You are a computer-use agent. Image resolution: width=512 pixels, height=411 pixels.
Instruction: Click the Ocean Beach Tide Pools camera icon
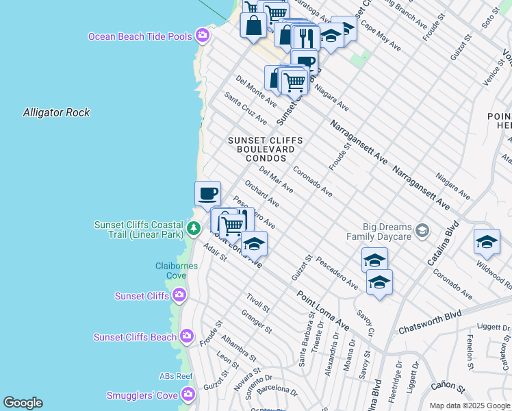[x=202, y=36]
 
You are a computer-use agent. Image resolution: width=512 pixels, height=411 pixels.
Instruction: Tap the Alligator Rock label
[x=56, y=112]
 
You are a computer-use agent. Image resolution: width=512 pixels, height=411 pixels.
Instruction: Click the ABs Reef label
[x=177, y=375]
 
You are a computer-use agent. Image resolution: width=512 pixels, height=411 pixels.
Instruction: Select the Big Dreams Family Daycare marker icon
[x=422, y=229]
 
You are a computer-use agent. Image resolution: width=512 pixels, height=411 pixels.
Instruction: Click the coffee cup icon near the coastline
[x=207, y=193]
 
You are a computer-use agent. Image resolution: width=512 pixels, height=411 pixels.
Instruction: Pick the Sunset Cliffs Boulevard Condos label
[x=265, y=149]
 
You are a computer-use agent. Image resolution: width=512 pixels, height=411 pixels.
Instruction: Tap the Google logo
[x=23, y=403]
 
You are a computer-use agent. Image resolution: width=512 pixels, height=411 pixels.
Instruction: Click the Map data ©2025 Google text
[x=469, y=406]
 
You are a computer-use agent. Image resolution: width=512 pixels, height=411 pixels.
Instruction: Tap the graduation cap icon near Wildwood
[x=487, y=242]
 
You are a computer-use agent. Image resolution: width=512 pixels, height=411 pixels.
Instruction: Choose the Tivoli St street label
[x=258, y=302]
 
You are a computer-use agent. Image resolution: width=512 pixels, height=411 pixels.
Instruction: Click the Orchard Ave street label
[x=261, y=195]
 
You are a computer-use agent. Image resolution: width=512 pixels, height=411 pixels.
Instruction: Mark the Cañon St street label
[x=448, y=388]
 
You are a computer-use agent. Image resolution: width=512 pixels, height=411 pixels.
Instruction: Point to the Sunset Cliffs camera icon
[x=179, y=295]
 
